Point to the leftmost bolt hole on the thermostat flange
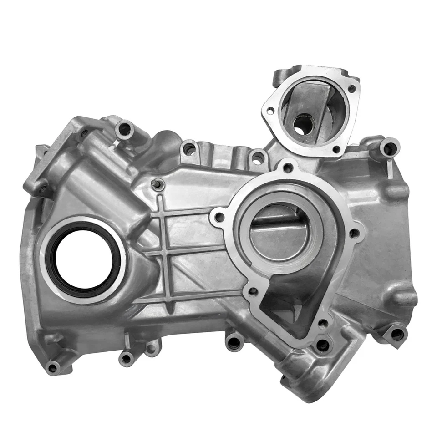(270, 111)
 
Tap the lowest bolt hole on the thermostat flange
(336, 149)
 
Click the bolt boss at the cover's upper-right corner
(388, 148)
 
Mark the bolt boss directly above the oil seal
(124, 130)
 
